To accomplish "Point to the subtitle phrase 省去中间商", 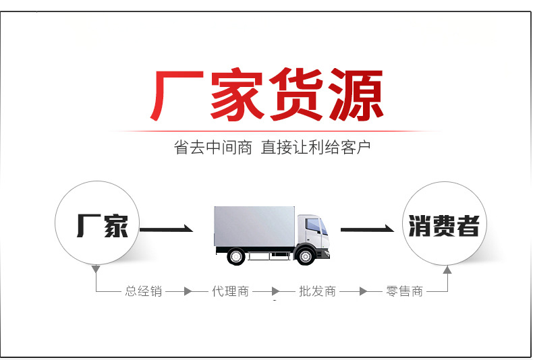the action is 213,148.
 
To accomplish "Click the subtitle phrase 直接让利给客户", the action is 316,148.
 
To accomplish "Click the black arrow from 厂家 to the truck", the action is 167,231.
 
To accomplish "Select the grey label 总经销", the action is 144,291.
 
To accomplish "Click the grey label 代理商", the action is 231,291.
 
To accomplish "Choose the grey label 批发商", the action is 317,291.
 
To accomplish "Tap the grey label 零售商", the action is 405,291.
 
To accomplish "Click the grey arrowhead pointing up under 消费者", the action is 447,270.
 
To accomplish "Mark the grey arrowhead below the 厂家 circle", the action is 96,269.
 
